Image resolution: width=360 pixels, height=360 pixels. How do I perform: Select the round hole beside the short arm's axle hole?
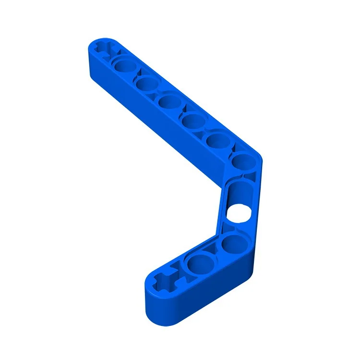(x=196, y=263)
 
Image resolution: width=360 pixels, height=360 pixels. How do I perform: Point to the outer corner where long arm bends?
(x=261, y=156)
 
